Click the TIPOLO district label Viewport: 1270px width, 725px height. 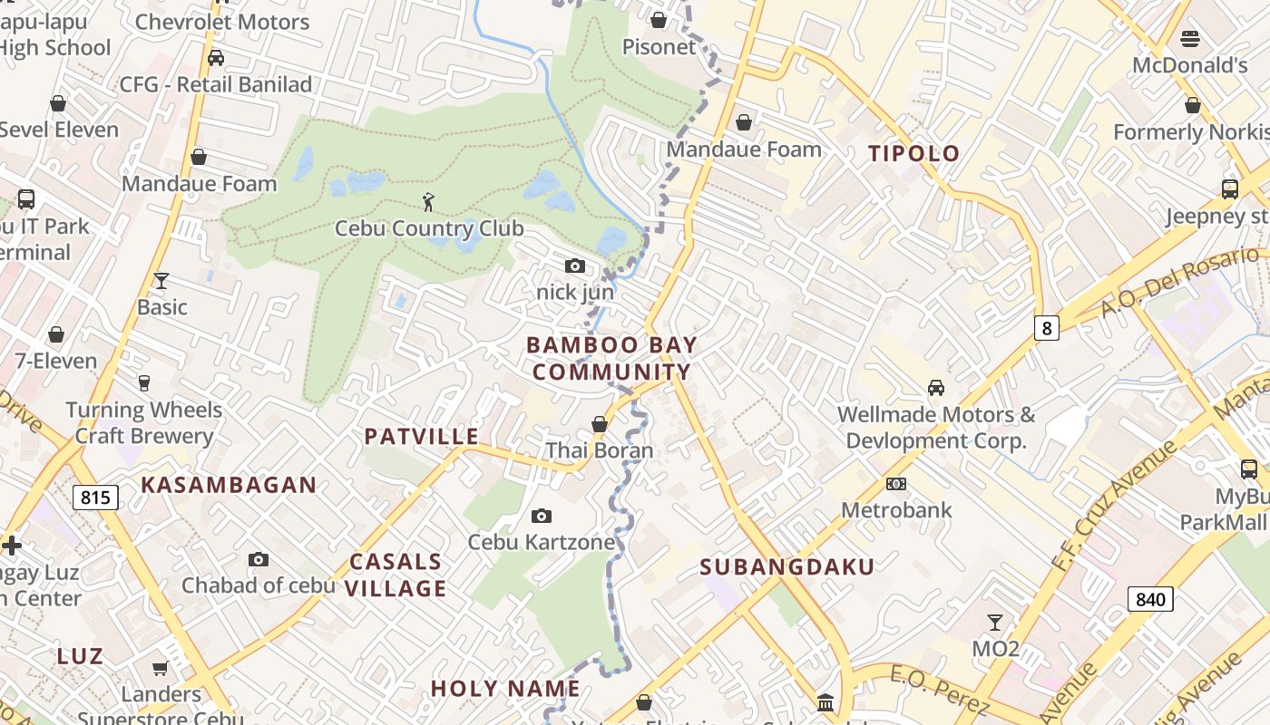tap(913, 153)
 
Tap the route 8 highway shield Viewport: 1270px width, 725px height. tap(1047, 328)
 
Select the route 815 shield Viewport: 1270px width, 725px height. tap(95, 497)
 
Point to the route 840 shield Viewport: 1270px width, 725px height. tap(1150, 598)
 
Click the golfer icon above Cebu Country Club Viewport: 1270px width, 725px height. tap(428, 202)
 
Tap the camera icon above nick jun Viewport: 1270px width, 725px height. tap(574, 266)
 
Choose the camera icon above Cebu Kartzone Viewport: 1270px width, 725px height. tap(541, 517)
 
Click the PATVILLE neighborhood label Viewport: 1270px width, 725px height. tap(422, 437)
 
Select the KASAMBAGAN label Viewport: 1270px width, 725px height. tap(229, 485)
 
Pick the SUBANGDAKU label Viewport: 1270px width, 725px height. tap(787, 567)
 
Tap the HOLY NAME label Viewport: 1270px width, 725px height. tap(505, 689)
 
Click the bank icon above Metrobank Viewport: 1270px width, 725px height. tap(896, 484)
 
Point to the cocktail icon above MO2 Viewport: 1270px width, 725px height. tap(995, 622)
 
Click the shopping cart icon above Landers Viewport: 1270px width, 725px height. tap(161, 669)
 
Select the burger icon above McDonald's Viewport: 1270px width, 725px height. tap(1190, 39)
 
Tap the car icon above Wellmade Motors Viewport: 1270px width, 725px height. tap(935, 388)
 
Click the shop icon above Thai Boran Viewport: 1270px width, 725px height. tap(599, 424)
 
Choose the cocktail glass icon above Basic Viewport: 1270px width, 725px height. tap(161, 281)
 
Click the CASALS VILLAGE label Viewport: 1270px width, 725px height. tap(396, 575)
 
